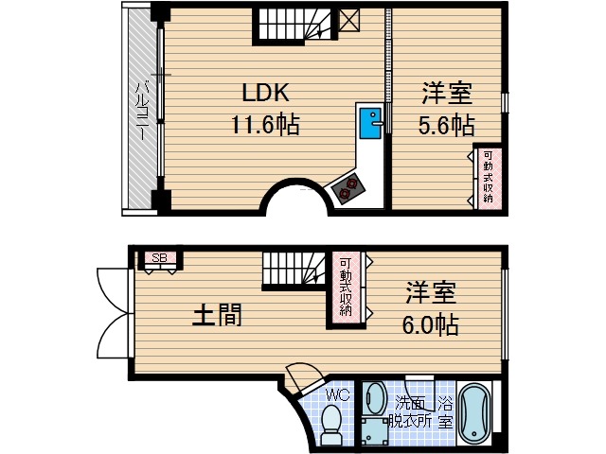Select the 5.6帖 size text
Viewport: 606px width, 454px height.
[x=447, y=124]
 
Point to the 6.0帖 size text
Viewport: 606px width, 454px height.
[x=433, y=324]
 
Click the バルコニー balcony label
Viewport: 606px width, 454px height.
[x=140, y=112]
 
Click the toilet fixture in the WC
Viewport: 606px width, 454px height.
[x=331, y=427]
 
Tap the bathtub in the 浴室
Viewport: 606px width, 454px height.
[x=473, y=413]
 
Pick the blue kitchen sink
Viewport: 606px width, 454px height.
[x=369, y=122]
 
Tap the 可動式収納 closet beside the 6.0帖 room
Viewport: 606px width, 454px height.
[x=347, y=287]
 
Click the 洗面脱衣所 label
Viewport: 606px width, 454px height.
[x=412, y=413]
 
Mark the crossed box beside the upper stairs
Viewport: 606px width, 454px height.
[x=348, y=20]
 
